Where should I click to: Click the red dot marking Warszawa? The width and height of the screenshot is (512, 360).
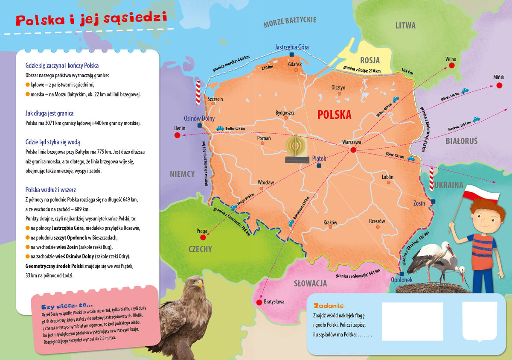click(x=353, y=150)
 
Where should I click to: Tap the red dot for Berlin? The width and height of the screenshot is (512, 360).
click(x=177, y=135)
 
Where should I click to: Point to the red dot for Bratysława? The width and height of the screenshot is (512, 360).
click(x=259, y=302)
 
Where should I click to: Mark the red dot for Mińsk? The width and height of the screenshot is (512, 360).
click(x=499, y=85)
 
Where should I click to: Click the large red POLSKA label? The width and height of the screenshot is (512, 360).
click(x=335, y=114)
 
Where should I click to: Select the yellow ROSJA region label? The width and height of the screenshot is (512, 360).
click(x=369, y=60)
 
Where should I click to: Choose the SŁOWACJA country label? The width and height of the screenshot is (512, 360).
click(x=311, y=283)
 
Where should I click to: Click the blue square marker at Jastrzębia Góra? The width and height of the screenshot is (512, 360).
click(x=291, y=55)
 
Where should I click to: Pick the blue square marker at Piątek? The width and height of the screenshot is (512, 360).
click(x=318, y=166)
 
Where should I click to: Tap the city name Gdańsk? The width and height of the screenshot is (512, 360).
click(x=295, y=64)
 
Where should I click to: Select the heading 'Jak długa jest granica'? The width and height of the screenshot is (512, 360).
click(x=49, y=113)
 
